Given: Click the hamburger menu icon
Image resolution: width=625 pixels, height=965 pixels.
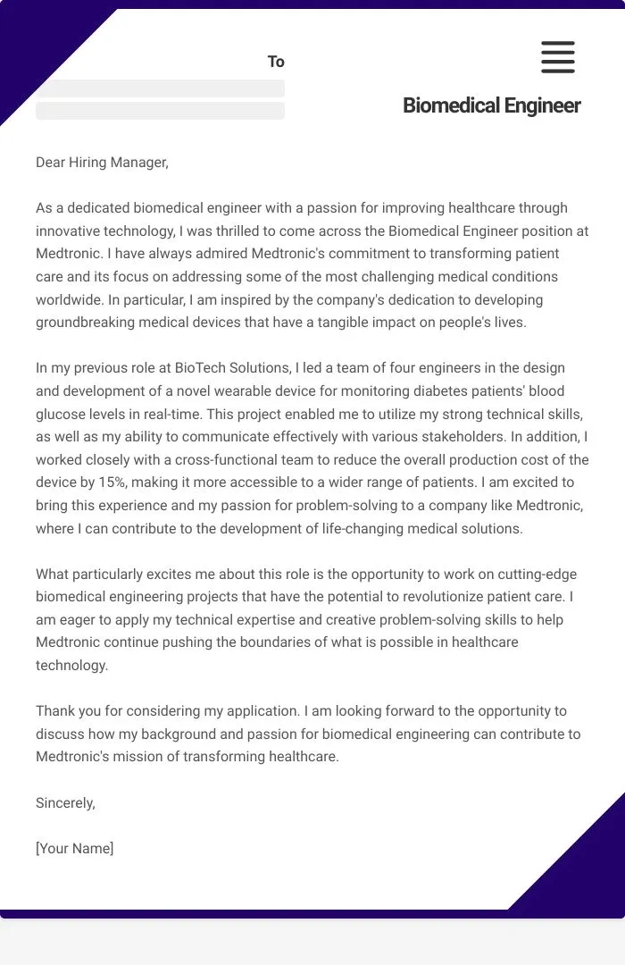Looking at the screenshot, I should pos(558,57).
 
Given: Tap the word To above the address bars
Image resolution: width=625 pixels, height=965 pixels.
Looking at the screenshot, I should pos(276,62).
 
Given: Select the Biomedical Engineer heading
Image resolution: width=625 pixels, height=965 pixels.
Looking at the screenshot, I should pos(491,105).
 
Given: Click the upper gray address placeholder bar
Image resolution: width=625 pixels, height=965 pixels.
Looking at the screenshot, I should pos(160,88).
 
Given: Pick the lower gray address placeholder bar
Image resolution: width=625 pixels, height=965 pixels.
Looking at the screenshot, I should pos(160,111).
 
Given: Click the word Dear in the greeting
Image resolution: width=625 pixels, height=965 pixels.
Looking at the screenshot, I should pos(52,162).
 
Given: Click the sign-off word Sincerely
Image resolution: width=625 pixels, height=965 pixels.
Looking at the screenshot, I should pos(65,802).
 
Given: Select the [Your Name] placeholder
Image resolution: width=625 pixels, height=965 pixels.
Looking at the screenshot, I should pos(75,848).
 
